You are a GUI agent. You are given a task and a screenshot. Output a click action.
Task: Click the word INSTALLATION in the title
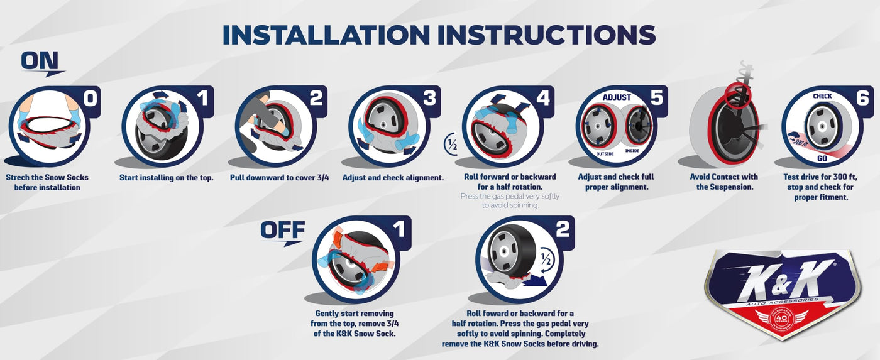coord(326,35)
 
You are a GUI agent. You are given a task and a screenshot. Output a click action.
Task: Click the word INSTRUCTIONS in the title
coord(546,35)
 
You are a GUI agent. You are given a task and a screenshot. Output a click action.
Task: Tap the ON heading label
coord(40,61)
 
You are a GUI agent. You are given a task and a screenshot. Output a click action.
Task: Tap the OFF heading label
coord(282,230)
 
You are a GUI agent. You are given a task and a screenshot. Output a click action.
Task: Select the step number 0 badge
coord(90,98)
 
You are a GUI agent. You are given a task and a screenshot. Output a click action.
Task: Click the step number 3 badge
coord(429,98)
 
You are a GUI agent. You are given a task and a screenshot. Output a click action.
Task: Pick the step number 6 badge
coord(862,97)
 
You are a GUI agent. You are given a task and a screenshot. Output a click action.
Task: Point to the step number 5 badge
coord(656,97)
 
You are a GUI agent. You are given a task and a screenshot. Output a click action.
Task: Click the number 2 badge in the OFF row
coord(563,229)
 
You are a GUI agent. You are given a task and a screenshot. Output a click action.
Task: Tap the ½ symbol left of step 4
coord(451,145)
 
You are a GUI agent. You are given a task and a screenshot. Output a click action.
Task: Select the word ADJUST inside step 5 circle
coord(617,97)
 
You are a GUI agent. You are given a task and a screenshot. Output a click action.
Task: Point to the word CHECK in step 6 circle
coord(822,96)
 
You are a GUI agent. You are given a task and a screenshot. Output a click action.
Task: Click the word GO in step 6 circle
coord(822,158)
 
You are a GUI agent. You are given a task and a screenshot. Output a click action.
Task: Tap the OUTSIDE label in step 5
coord(605,154)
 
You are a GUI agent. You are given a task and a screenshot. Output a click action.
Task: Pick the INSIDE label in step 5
coord(632,151)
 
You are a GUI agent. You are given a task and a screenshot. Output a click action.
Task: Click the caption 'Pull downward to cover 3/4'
coord(279,177)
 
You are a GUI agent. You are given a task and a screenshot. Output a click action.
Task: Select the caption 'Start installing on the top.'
coord(166,177)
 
